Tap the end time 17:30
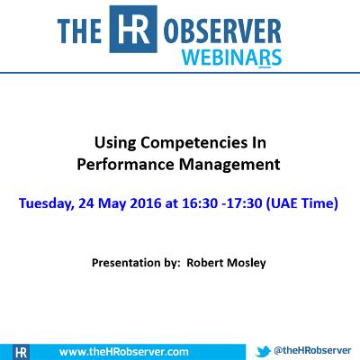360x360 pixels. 251,203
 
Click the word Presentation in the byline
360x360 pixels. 122,265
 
